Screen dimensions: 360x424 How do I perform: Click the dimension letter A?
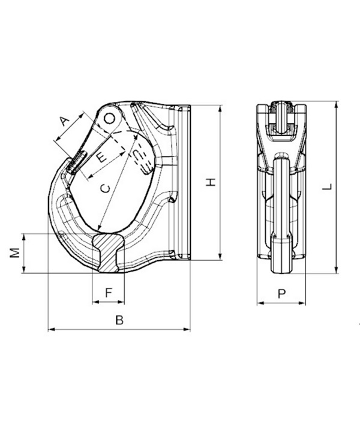64,121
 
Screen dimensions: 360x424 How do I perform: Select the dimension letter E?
101,157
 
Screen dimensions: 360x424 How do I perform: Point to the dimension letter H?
211,182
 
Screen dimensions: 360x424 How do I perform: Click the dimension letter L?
327,187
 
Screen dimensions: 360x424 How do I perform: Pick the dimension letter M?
15,252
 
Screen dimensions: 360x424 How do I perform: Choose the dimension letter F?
109,293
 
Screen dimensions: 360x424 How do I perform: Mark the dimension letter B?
119,320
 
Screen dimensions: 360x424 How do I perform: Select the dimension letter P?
281,294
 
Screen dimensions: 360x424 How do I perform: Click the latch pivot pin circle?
110,118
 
